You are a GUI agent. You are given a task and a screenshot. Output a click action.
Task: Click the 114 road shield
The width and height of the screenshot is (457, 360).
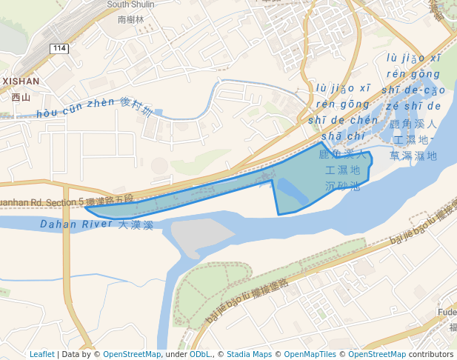(x=59, y=48)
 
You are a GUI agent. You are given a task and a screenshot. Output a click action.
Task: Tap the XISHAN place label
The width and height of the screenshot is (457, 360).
(x=21, y=81)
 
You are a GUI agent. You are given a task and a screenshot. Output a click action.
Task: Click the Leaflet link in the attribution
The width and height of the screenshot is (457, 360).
(x=41, y=354)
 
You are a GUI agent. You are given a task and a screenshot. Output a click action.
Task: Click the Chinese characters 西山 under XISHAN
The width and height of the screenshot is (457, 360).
(x=21, y=96)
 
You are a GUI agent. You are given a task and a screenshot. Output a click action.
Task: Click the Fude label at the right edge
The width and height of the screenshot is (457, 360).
(x=447, y=313)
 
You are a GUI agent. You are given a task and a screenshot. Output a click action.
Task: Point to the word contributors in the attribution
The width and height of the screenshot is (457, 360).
(x=431, y=354)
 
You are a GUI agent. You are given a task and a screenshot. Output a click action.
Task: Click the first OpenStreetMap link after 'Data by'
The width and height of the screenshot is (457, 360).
(x=131, y=354)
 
